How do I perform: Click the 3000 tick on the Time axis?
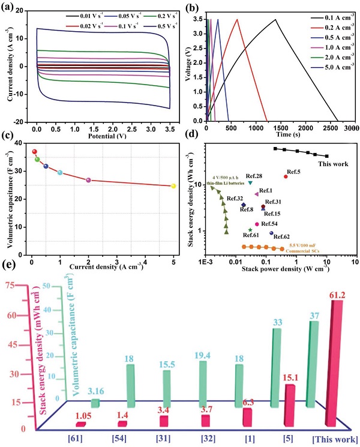(x=352, y=128)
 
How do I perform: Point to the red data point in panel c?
(x=34, y=152)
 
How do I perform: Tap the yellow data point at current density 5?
(x=173, y=186)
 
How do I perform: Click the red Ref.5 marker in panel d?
(x=286, y=176)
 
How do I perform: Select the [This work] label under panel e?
(x=333, y=439)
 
